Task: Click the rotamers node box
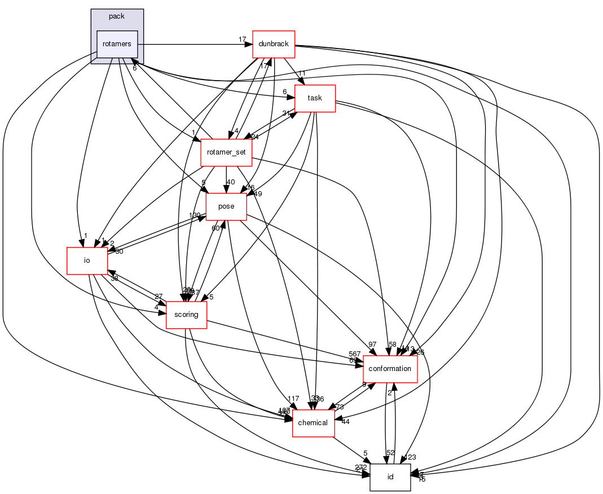tap(118, 44)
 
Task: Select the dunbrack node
tap(274, 44)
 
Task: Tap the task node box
tap(315, 98)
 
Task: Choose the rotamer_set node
tap(226, 152)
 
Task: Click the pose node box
tap(226, 206)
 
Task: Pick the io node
tap(87, 261)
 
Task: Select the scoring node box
tap(187, 315)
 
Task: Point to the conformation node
tap(390, 369)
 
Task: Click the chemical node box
tap(313, 423)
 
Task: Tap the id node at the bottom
tap(390, 477)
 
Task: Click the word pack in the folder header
tap(117, 16)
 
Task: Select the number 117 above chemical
tap(293, 399)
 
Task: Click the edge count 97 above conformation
tap(372, 345)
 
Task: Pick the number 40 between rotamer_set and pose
tap(230, 182)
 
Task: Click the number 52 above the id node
tap(390, 452)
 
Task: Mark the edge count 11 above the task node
tap(302, 74)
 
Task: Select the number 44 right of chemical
tap(346, 422)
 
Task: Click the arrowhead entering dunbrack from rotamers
tap(249, 44)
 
